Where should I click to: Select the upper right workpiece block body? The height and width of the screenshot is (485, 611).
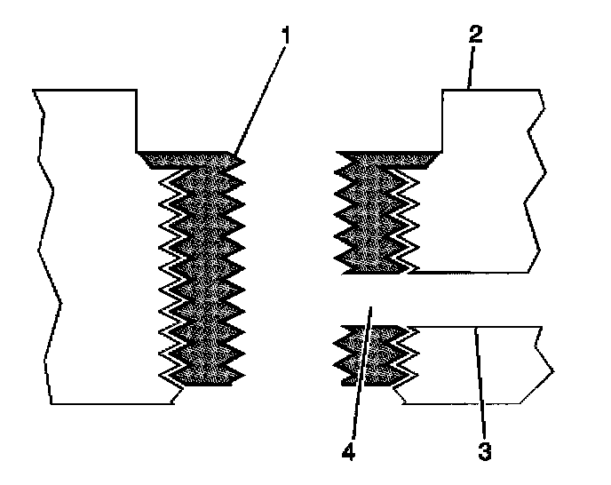pos(480,195)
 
